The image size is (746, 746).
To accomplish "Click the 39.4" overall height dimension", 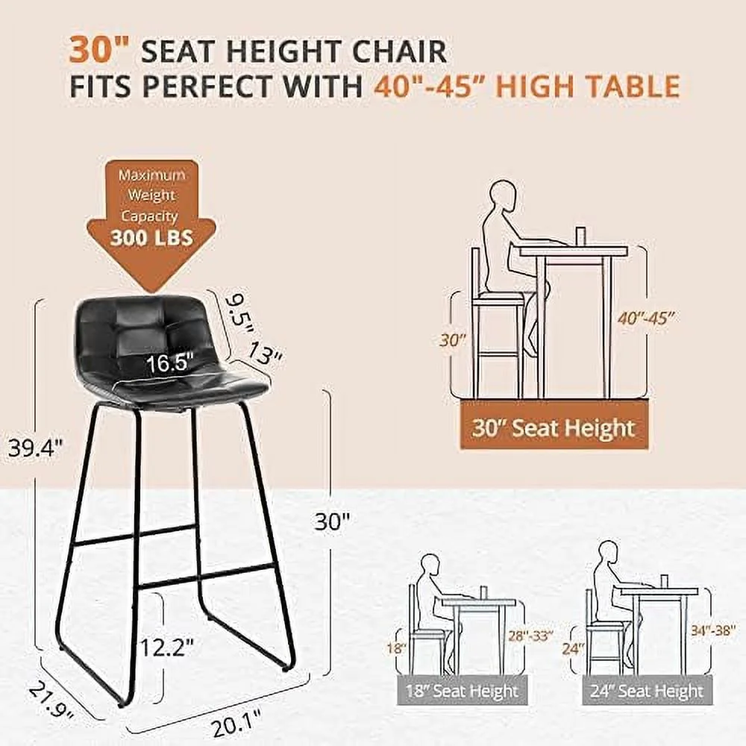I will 34,448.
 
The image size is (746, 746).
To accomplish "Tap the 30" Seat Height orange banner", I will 552,428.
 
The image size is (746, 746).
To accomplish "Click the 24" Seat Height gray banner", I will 647,690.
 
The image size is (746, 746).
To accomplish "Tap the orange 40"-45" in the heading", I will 425,86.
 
